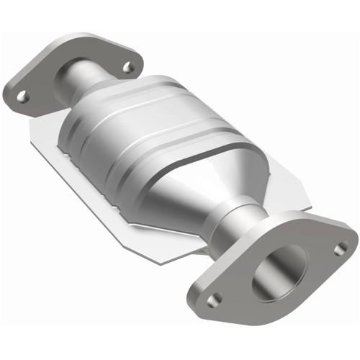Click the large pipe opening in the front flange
coord(277,272)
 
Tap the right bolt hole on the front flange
coord(340,248)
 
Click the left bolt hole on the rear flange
coord(22,95)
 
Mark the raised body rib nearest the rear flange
coord(108,108)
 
